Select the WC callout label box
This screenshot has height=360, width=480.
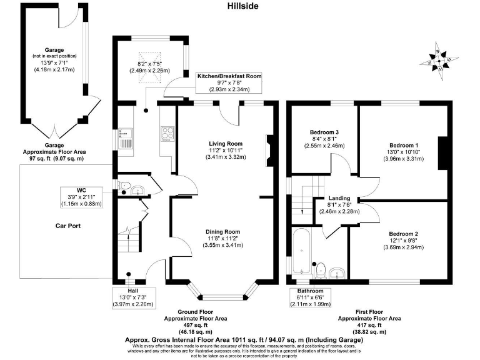[x=81, y=197]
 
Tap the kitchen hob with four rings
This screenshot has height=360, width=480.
[x=167, y=132]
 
